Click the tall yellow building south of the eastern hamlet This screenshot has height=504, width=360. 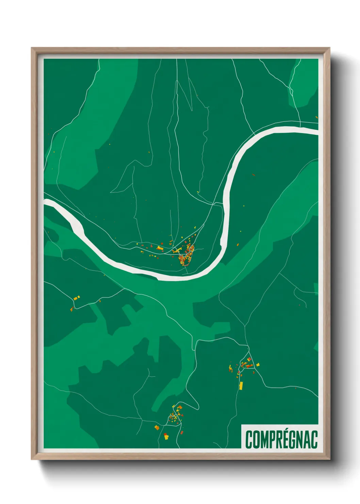241,385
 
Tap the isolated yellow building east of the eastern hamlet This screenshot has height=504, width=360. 258,364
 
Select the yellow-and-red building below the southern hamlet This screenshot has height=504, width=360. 166,436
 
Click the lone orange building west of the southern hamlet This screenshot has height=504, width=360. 157,427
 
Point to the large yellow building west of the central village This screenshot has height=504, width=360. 160,248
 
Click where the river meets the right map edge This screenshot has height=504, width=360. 316,131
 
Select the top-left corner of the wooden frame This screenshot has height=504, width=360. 32,48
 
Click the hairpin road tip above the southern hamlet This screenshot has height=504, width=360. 197,406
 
